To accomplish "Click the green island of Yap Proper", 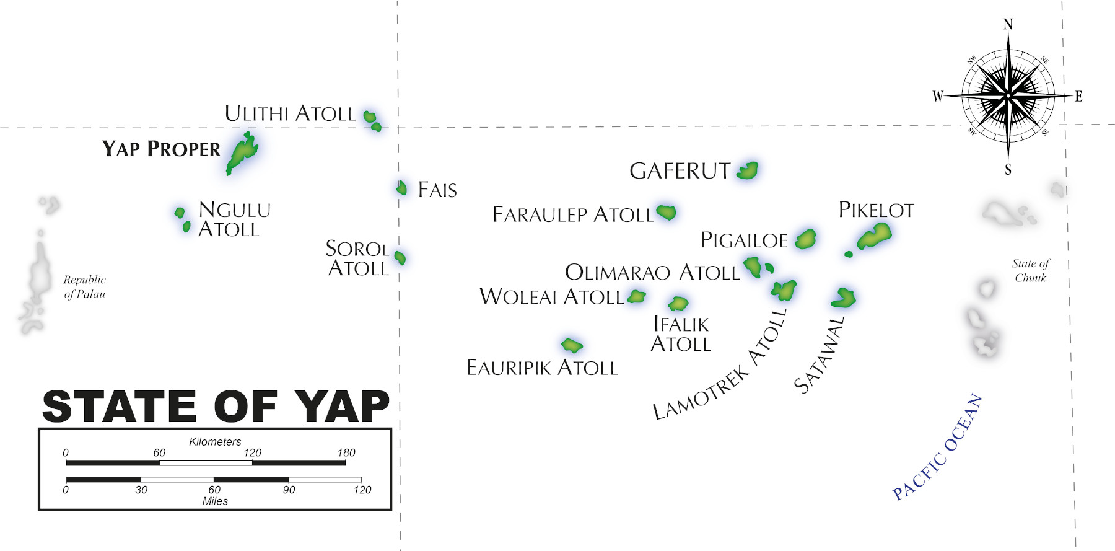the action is pyautogui.click(x=242, y=152).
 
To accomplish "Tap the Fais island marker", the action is pyautogui.click(x=401, y=187).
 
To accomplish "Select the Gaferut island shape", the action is pyautogui.click(x=748, y=170).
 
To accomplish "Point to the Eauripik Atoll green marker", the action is pyautogui.click(x=572, y=345).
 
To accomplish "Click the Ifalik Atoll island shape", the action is pyautogui.click(x=678, y=303).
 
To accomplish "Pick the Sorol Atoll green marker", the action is pyautogui.click(x=400, y=257).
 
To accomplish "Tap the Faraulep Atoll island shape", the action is pyautogui.click(x=666, y=212).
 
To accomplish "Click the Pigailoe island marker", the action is pyautogui.click(x=805, y=239).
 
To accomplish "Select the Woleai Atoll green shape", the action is pyautogui.click(x=636, y=296).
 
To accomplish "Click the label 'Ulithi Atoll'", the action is pyautogui.click(x=290, y=113).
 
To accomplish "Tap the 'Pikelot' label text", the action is pyautogui.click(x=876, y=210).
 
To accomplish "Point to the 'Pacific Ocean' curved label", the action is pyautogui.click(x=937, y=447).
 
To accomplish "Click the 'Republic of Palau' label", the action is pyautogui.click(x=85, y=287).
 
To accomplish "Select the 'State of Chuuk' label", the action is pyautogui.click(x=1031, y=271).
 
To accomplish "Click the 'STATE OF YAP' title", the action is pyautogui.click(x=216, y=407).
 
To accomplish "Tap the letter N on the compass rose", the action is pyautogui.click(x=1008, y=24).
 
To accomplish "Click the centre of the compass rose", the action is pyautogui.click(x=1008, y=96).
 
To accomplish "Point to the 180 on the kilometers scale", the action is pyautogui.click(x=346, y=452).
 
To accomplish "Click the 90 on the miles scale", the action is pyautogui.click(x=289, y=490).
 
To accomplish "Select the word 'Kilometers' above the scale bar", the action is pyautogui.click(x=215, y=441).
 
